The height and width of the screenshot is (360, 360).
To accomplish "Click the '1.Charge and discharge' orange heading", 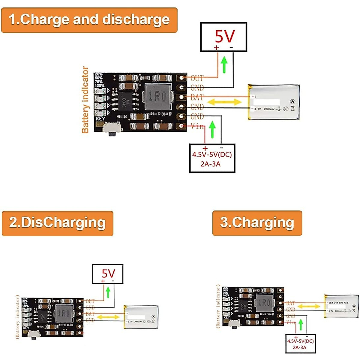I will (89, 20).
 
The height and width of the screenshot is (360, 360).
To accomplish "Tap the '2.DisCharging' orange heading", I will (57, 223).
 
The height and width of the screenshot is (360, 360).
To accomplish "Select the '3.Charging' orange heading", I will (257, 223).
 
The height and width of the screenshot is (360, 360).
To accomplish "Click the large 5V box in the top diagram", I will (223, 37).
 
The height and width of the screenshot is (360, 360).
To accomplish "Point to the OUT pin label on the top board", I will (197, 78).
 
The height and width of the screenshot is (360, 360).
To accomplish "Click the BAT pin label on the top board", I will (197, 97).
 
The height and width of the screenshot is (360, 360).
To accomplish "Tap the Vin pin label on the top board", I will (197, 126).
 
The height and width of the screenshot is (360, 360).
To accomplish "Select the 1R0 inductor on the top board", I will (157, 97).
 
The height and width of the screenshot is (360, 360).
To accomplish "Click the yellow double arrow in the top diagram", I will (224, 102).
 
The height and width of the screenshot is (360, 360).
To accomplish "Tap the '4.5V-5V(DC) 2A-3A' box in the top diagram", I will (212, 158).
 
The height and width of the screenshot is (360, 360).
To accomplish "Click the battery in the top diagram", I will (274, 102).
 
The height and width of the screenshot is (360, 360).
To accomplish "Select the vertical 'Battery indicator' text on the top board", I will (85, 100).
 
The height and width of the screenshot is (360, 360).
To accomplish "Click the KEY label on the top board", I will (100, 118).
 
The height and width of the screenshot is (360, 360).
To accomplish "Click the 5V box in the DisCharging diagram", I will (107, 274).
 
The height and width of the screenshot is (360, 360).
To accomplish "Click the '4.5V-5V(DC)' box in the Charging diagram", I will (300, 344).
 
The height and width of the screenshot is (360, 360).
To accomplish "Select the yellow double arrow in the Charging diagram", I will (308, 306).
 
